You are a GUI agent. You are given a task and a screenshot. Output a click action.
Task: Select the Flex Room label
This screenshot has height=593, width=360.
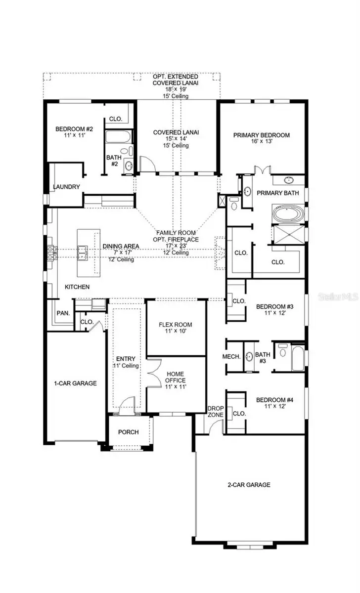[x=175, y=325]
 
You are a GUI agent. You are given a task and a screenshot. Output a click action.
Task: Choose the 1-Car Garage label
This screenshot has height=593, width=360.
[x=75, y=383]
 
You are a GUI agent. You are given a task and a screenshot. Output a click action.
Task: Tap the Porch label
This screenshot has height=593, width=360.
[x=128, y=432]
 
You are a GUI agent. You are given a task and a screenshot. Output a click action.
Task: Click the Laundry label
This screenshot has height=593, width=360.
[x=66, y=187]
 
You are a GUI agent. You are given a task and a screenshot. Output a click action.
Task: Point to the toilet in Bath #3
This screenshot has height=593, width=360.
[x=282, y=352]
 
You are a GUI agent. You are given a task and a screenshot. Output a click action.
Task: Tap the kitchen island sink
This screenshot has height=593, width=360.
[x=83, y=252]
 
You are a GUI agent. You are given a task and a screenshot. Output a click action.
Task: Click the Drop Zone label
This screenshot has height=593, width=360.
[x=216, y=412]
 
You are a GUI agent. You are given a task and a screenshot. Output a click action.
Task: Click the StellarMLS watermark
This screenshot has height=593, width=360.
[x=338, y=297]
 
